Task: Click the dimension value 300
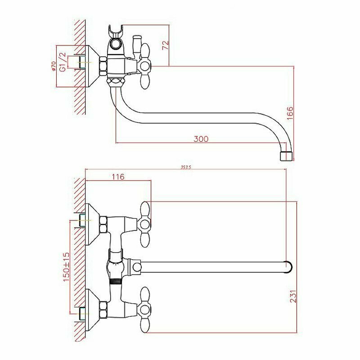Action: click(201, 139)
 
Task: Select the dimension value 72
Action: click(165, 45)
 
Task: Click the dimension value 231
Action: click(293, 297)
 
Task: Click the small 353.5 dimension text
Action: click(186, 167)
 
